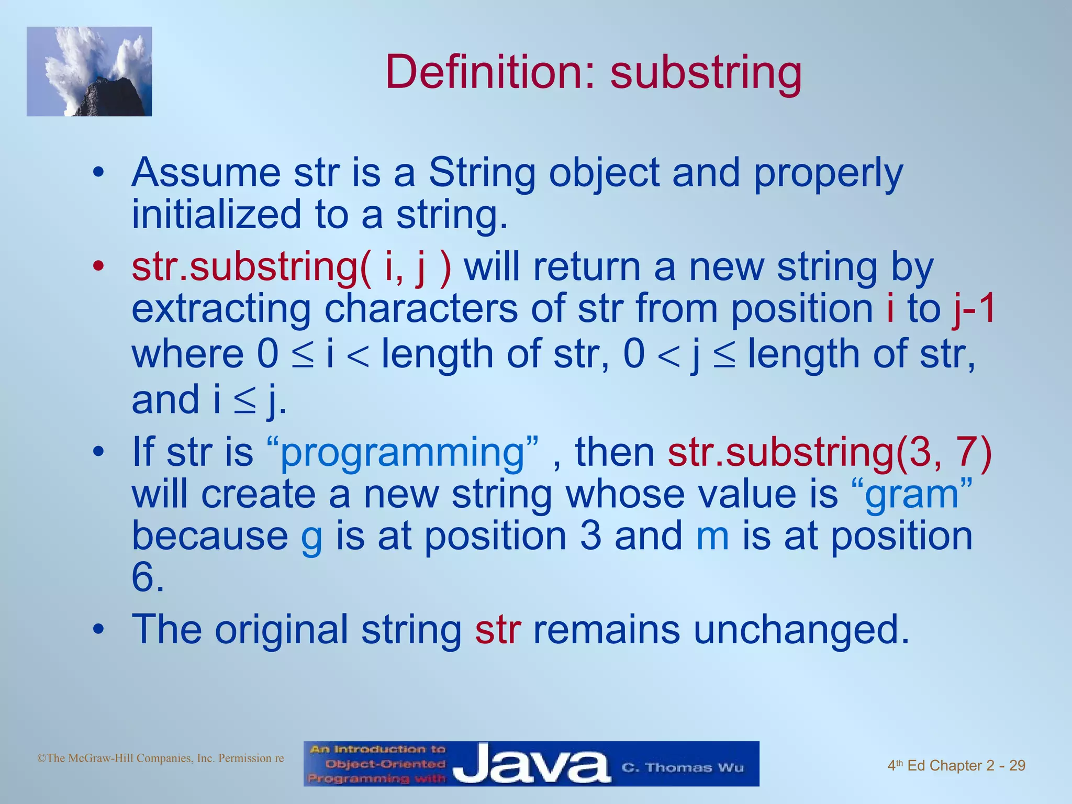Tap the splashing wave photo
(x=90, y=72)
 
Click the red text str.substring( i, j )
(x=291, y=268)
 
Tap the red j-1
(x=974, y=309)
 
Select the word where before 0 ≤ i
(x=187, y=354)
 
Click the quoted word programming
(x=402, y=452)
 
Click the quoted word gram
(x=911, y=494)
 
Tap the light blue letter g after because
(x=311, y=539)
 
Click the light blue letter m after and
(x=712, y=537)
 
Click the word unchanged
(x=801, y=629)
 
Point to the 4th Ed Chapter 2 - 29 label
(x=956, y=766)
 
